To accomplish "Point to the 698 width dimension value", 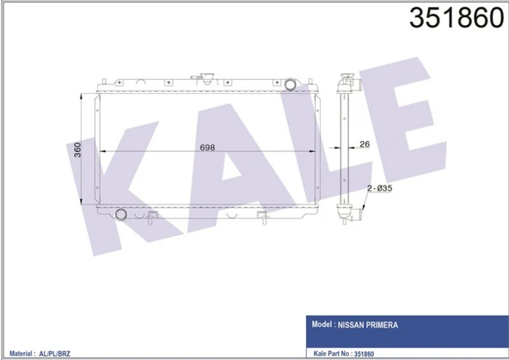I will [207, 145].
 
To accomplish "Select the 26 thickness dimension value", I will [364, 144].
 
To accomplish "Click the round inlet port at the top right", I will [291, 84].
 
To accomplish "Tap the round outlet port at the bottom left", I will [122, 212].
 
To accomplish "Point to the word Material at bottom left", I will [20, 353].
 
